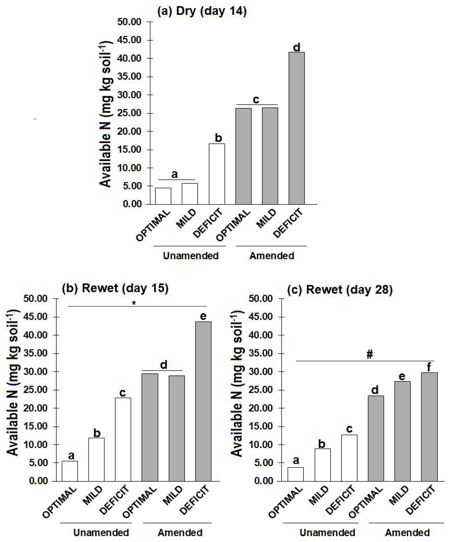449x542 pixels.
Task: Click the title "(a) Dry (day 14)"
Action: [x=202, y=12]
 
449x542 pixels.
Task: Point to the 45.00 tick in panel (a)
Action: [x=129, y=40]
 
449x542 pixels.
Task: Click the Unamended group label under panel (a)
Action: [x=191, y=256]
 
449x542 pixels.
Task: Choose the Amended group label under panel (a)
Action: [x=272, y=256]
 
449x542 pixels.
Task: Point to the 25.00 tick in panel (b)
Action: [x=36, y=390]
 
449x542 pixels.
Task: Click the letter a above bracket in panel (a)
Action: [x=174, y=174]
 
